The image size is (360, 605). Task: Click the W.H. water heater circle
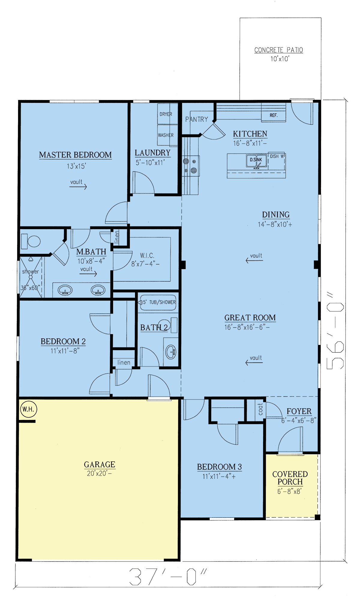point(28,409)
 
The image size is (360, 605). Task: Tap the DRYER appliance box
point(167,114)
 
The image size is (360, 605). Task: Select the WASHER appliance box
point(167,135)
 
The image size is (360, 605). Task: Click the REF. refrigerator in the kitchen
point(273,115)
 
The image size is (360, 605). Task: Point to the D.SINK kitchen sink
point(256,162)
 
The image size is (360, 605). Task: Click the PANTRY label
point(196,119)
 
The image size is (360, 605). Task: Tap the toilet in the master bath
point(31,241)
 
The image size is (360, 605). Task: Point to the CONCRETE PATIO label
point(279,50)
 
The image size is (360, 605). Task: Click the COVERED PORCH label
point(290,478)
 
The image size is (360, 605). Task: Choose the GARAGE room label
point(100,465)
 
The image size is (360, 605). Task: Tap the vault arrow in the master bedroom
point(78,187)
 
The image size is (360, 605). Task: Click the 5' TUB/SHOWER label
point(159,302)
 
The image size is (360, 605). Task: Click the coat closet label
point(260,409)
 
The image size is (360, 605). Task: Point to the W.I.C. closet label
point(147,256)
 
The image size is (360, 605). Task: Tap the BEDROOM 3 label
point(219,467)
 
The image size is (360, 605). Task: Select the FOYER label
point(299,411)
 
